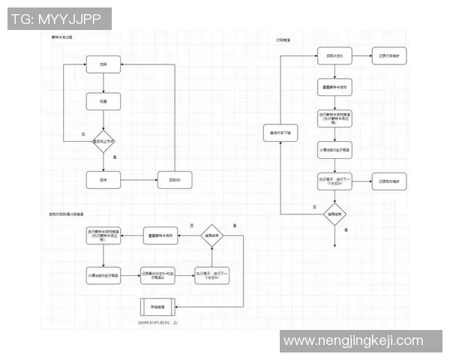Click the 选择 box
coord(103,65)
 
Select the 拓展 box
coord(103,100)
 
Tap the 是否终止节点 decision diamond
coord(103,140)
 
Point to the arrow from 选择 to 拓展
coord(103,82)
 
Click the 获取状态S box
coord(334,57)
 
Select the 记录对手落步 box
coord(391,57)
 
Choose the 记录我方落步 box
coord(391,181)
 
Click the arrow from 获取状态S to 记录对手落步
coord(362,57)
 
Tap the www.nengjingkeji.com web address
coord(353,341)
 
